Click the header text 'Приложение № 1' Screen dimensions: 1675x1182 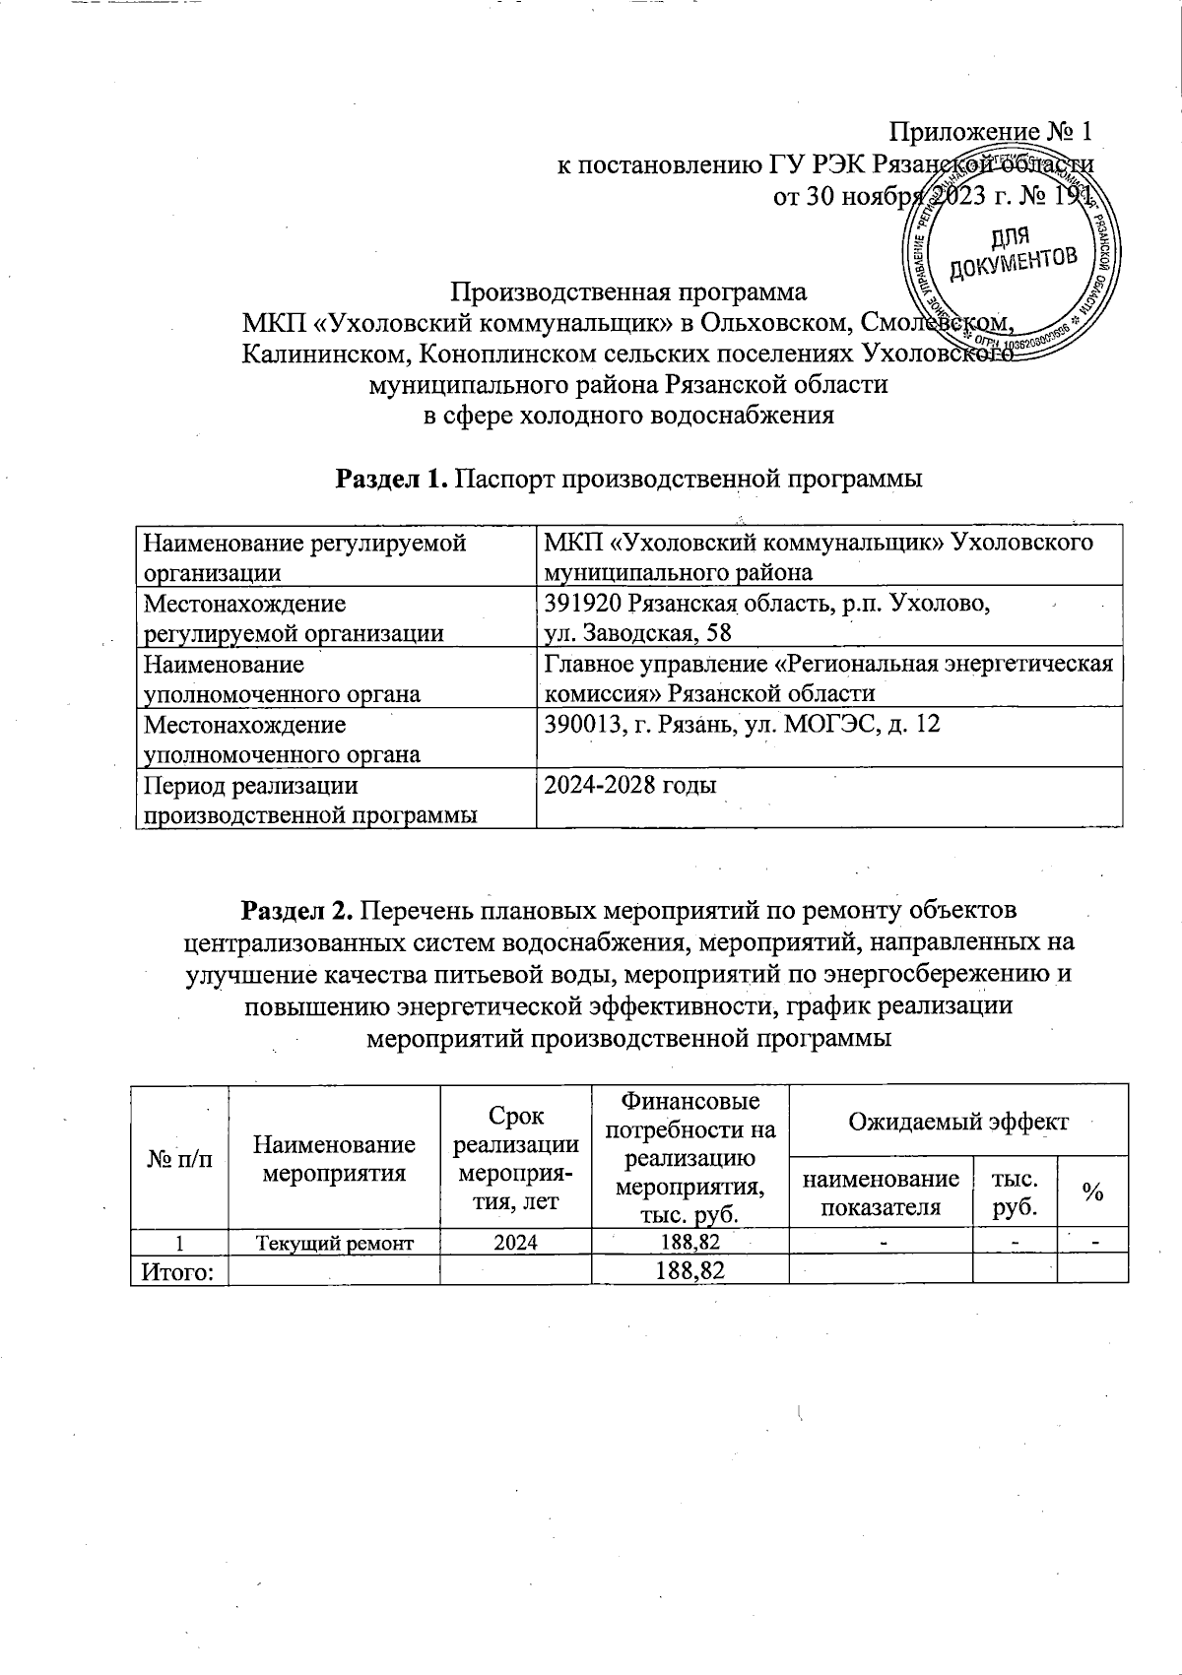[x=991, y=132]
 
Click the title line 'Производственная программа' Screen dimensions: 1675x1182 [x=628, y=292]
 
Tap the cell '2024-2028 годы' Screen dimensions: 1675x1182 [x=630, y=785]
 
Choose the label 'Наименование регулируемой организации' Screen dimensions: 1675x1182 [x=303, y=557]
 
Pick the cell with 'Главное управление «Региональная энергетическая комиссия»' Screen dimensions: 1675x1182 [x=828, y=678]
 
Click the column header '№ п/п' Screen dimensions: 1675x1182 [x=178, y=1159]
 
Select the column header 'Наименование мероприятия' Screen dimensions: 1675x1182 [x=334, y=1158]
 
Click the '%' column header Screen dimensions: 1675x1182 [x=1091, y=1192]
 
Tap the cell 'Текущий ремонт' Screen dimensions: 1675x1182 [x=334, y=1242]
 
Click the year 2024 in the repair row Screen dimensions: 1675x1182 [x=515, y=1242]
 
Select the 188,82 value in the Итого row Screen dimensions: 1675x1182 [x=689, y=1270]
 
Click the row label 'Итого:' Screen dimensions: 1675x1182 [x=178, y=1270]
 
